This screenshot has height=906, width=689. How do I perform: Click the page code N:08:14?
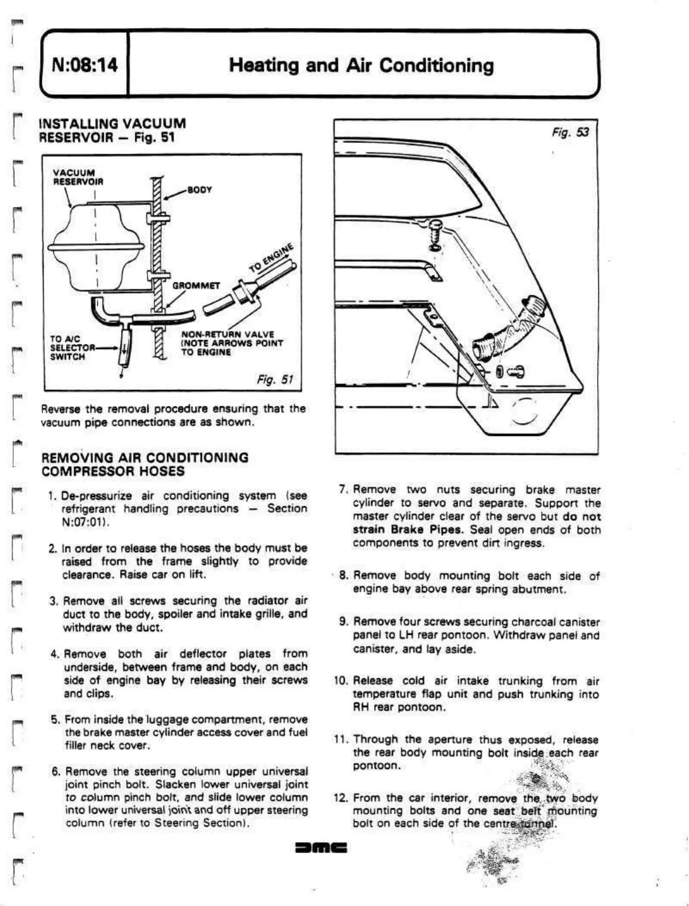click(84, 65)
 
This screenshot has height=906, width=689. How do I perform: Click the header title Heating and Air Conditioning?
click(361, 65)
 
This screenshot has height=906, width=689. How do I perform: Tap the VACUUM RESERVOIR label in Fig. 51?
click(78, 177)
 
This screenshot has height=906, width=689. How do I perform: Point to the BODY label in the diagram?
click(200, 189)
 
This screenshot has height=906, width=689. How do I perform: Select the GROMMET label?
click(196, 286)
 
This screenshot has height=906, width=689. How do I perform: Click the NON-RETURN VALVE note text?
click(232, 343)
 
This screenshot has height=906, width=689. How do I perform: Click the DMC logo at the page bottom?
click(321, 847)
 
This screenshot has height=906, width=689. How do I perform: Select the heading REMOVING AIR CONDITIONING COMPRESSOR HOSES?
click(145, 464)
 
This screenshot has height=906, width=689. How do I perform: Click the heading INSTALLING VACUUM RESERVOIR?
click(112, 130)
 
